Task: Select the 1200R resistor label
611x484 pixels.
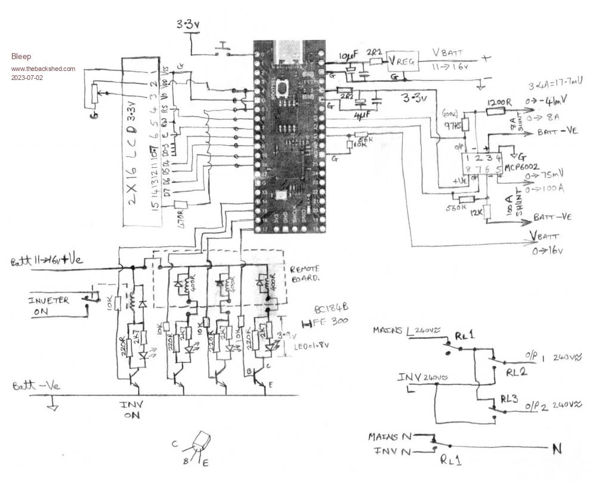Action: [499, 103]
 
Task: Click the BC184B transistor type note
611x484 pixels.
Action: [331, 309]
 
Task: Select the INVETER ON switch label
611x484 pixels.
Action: [48, 304]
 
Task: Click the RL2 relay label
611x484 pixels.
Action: [515, 372]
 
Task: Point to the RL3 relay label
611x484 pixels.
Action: [510, 399]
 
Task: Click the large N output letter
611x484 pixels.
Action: [556, 449]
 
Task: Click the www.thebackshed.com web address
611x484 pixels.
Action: [43, 69]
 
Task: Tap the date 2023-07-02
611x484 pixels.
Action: [27, 78]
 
